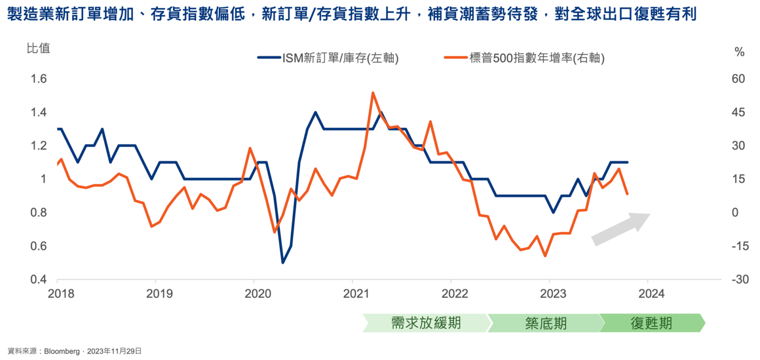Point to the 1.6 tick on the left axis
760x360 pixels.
tap(38, 78)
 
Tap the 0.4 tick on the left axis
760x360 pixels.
tap(38, 279)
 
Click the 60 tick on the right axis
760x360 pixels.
tap(738, 78)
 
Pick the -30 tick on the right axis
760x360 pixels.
tap(740, 279)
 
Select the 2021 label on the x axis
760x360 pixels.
tap(356, 294)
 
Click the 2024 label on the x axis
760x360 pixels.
tap(651, 294)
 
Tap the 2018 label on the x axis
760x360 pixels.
tap(61, 294)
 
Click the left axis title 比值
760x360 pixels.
tap(38, 48)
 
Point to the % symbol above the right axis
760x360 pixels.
tap(739, 52)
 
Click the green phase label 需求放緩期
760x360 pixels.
tap(426, 323)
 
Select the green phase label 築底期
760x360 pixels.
tap(546, 323)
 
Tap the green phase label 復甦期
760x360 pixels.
tap(651, 323)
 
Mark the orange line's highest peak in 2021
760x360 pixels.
tap(373, 93)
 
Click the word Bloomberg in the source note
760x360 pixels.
tap(62, 351)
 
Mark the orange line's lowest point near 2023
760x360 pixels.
tap(545, 256)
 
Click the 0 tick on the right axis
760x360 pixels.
tap(735, 212)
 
